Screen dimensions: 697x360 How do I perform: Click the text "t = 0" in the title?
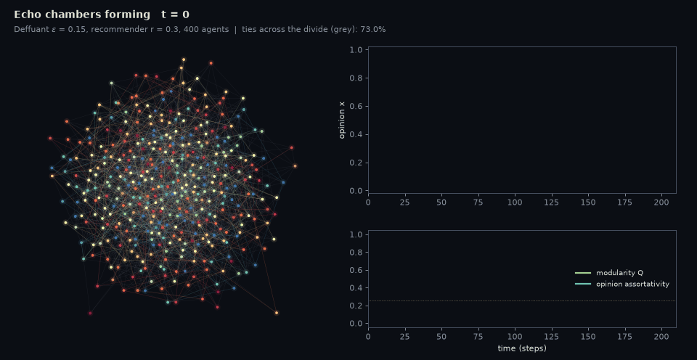point(175,15)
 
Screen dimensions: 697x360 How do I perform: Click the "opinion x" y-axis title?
point(342,120)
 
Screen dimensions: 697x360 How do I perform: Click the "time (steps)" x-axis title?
point(522,348)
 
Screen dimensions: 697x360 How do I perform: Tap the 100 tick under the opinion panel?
point(515,202)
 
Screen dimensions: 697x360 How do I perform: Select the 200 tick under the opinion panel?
point(661,202)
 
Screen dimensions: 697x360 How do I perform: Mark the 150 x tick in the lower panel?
point(588,337)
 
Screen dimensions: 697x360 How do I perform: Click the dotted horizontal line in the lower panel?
point(522,301)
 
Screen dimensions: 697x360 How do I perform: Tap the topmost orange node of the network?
point(184,60)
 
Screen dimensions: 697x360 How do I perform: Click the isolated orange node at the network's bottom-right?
point(277,313)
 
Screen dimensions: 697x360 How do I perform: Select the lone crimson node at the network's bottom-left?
point(90,314)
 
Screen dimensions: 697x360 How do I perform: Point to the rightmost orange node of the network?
point(295,166)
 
